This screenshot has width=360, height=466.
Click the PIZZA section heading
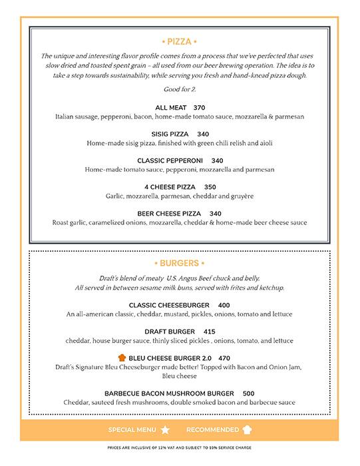click(x=180, y=41)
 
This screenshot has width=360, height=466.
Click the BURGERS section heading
click(x=180, y=263)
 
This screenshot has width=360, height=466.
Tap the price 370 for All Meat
click(x=199, y=107)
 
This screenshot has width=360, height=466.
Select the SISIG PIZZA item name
click(x=170, y=134)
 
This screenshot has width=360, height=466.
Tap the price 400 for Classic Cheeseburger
click(x=224, y=305)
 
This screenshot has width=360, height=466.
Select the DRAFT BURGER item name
click(x=170, y=332)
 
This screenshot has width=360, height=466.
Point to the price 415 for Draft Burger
click(x=209, y=332)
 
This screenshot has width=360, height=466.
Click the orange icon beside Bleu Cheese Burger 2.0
click(x=120, y=357)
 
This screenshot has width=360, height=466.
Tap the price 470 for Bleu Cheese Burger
click(x=224, y=357)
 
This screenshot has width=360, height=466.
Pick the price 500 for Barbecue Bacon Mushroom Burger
click(x=248, y=393)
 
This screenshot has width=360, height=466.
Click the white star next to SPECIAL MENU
click(x=165, y=430)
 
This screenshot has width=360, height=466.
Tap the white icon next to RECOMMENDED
click(x=248, y=430)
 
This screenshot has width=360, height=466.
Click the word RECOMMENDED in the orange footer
click(x=212, y=430)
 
